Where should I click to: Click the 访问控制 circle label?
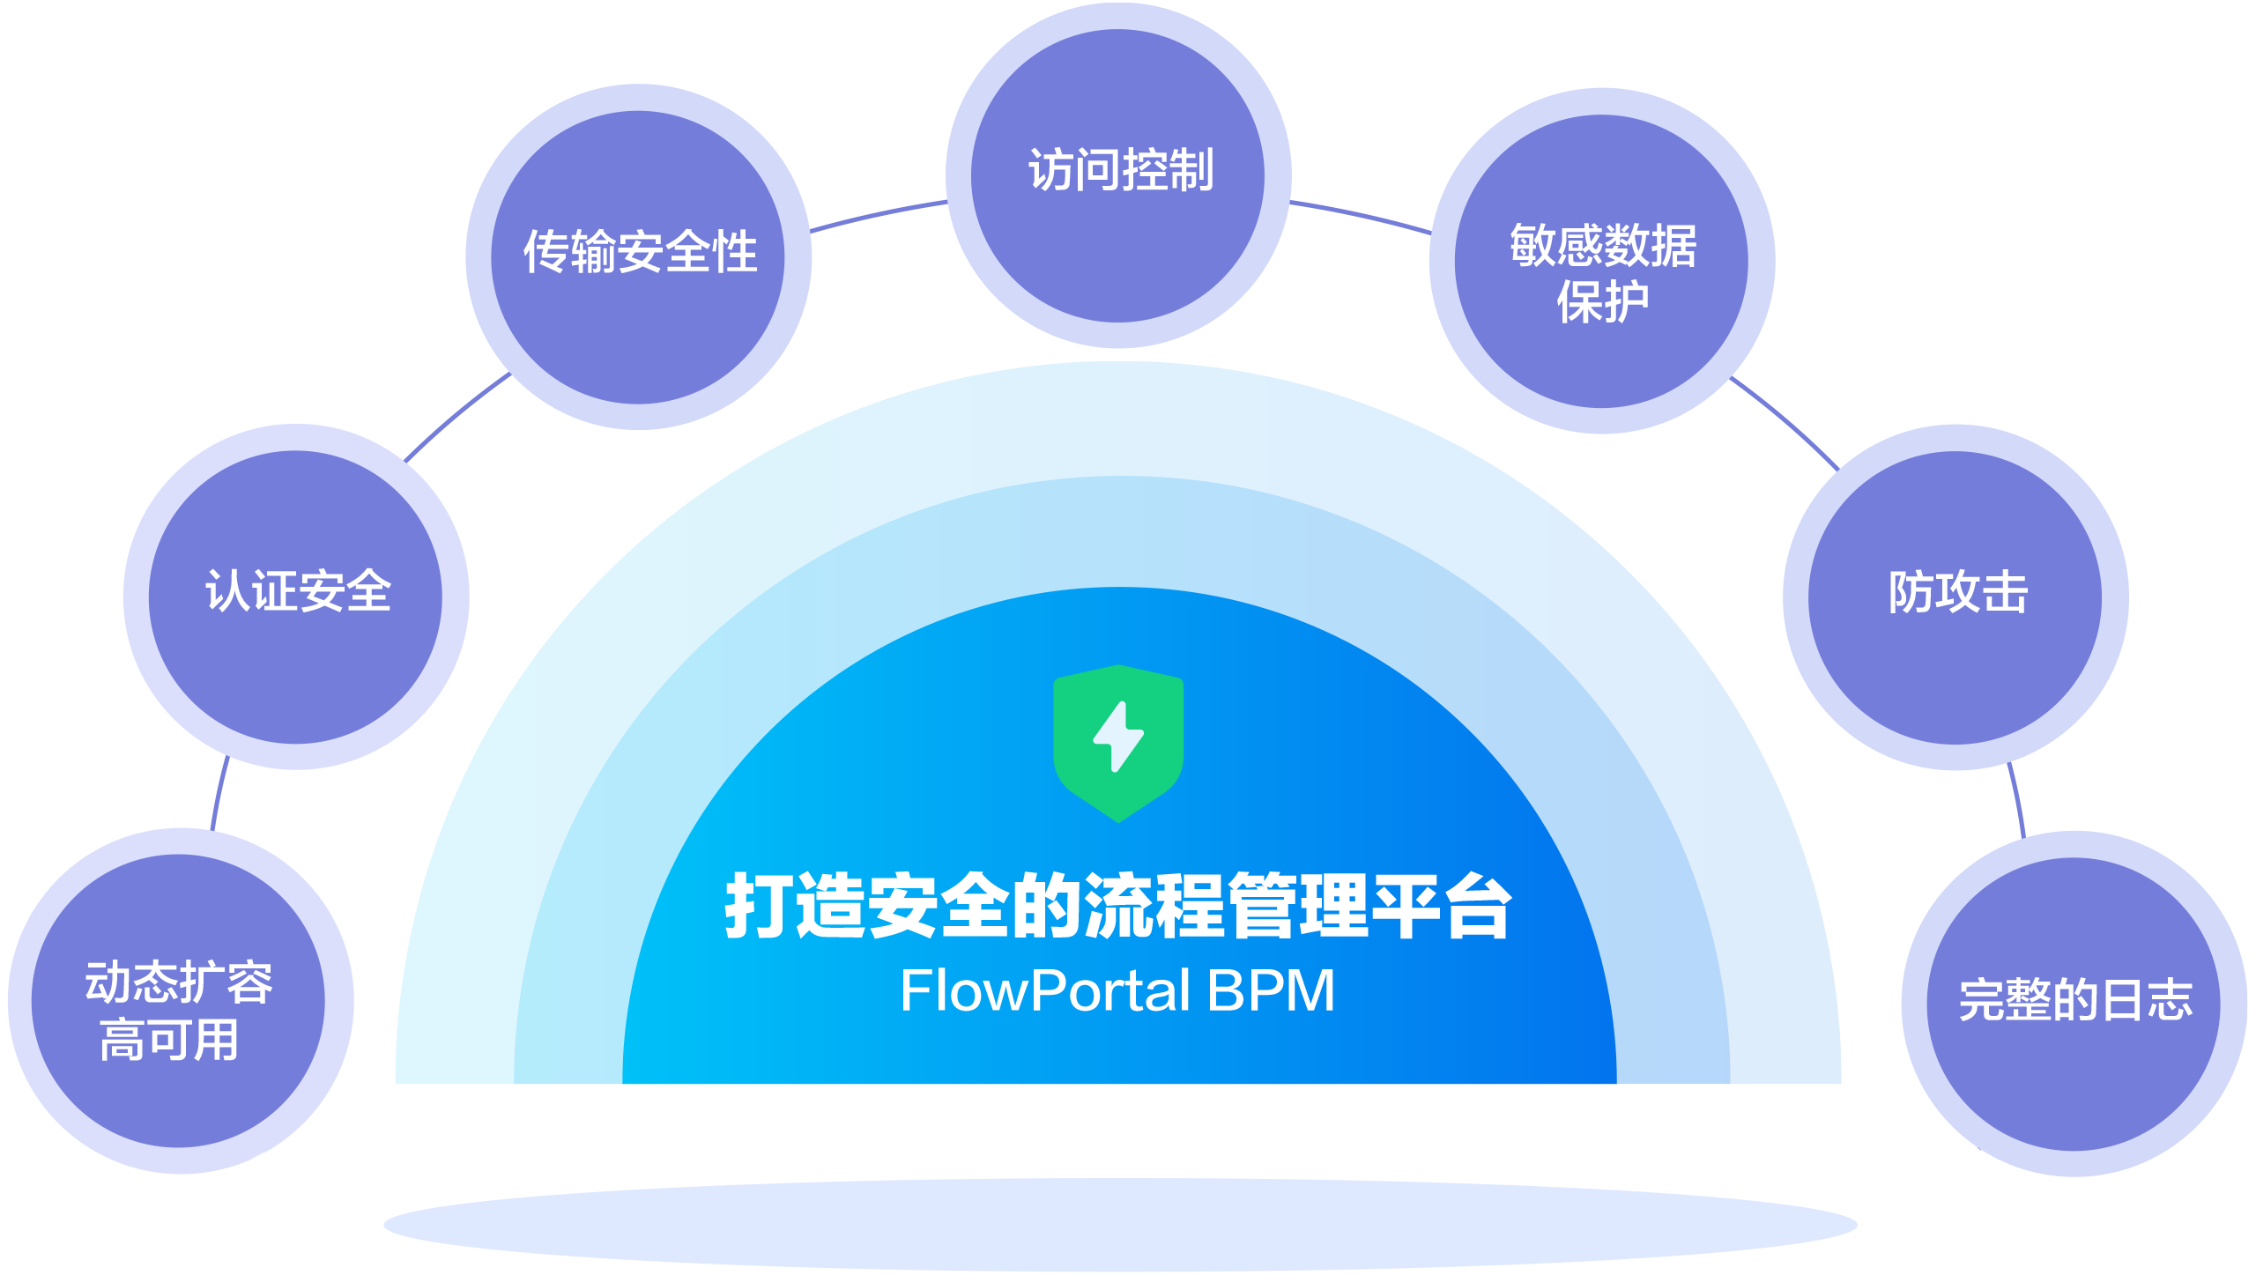(1120, 171)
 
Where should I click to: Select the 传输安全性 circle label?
(640, 252)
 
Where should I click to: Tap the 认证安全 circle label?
(298, 591)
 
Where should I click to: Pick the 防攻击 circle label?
(1957, 592)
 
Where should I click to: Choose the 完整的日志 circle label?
(2074, 1001)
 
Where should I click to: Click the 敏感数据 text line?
(1603, 246)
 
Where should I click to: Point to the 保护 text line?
(1602, 302)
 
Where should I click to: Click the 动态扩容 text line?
(179, 982)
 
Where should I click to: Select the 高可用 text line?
(169, 1041)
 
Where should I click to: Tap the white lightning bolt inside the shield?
(1118, 737)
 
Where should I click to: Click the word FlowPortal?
(1045, 991)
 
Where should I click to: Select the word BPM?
(1271, 991)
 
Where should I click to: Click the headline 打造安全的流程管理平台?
(1117, 907)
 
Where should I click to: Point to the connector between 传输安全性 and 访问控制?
(878, 215)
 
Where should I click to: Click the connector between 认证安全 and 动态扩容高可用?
(219, 793)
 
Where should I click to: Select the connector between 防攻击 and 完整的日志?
(2016, 800)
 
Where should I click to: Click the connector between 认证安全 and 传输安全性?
(456, 416)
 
